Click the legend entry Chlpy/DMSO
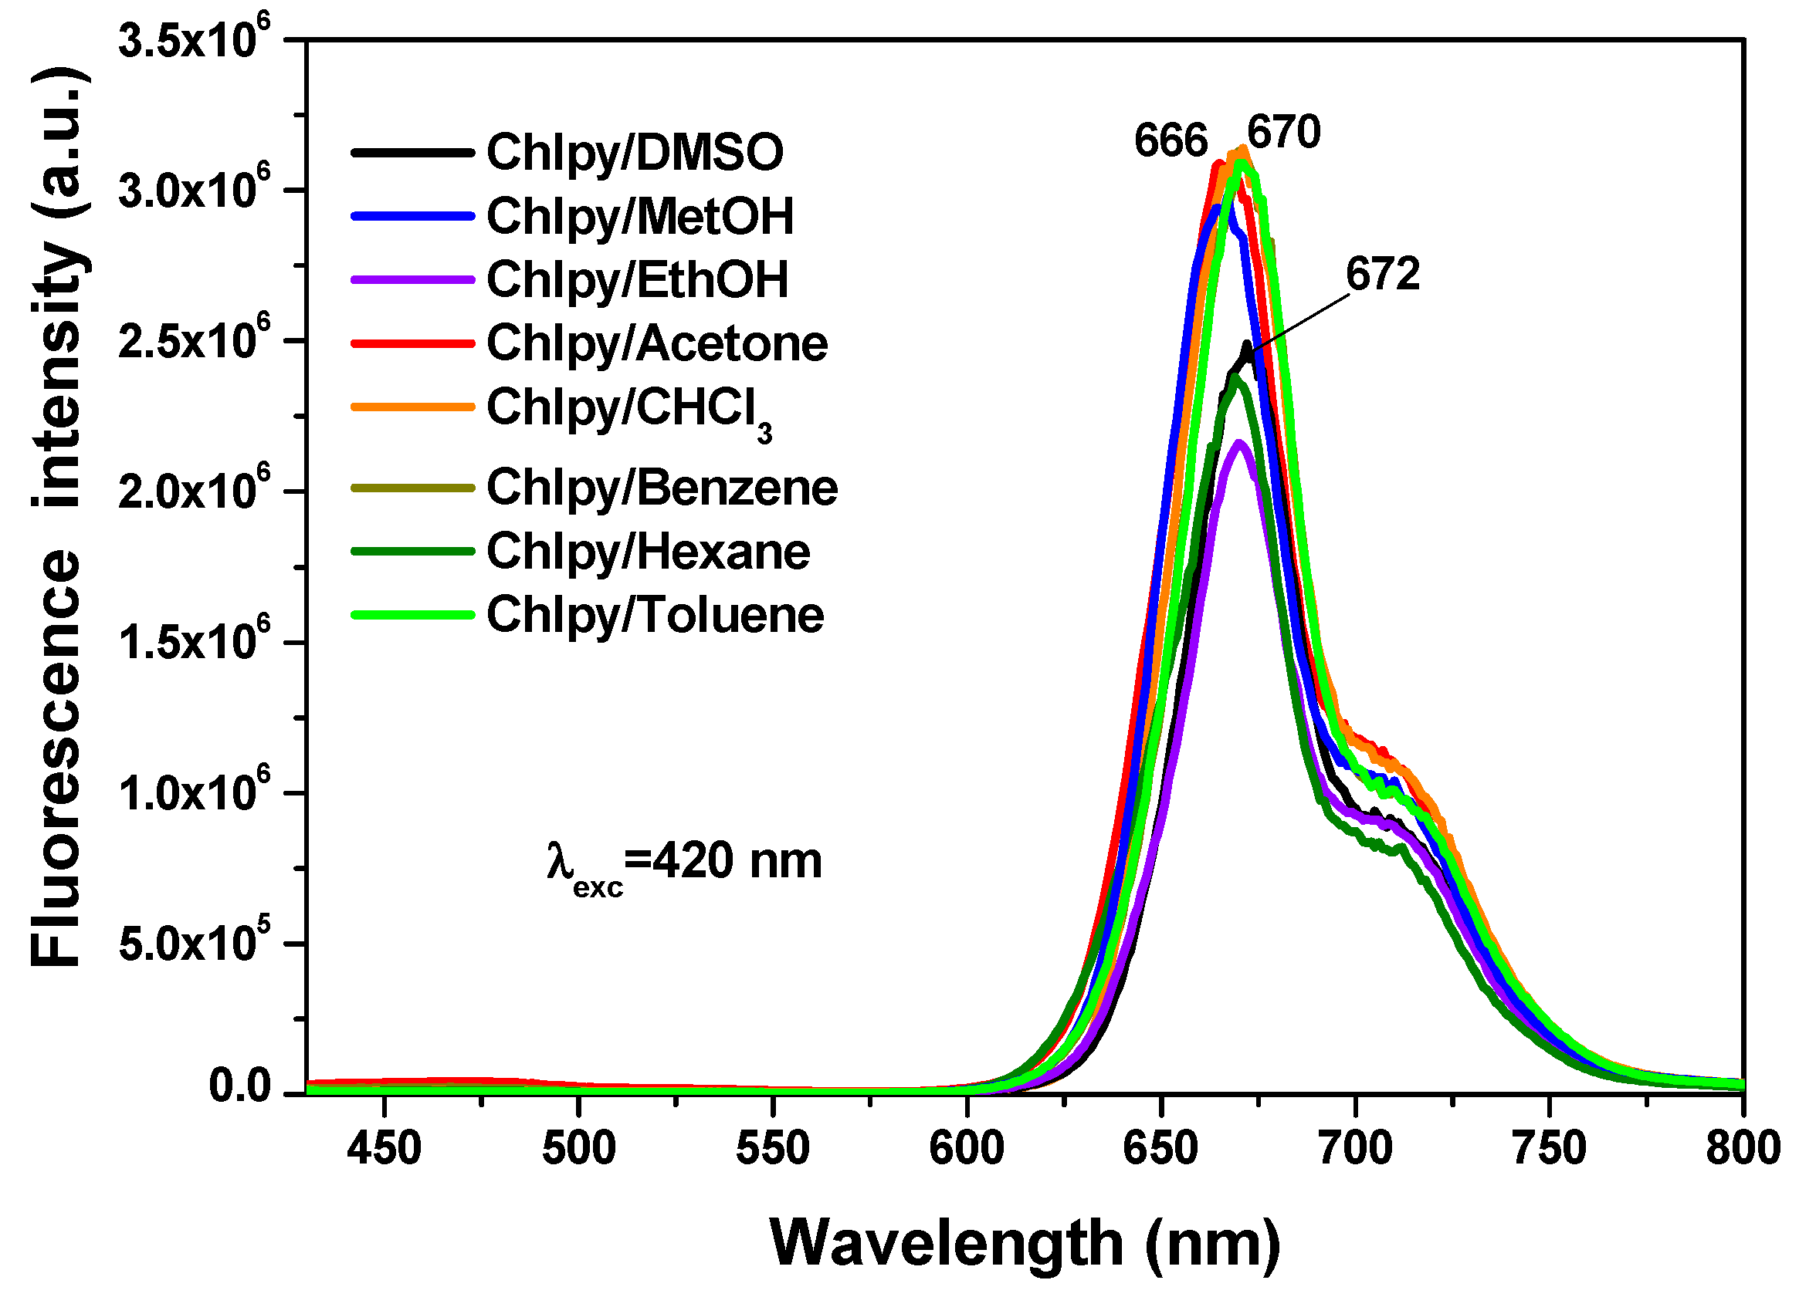pyautogui.click(x=634, y=152)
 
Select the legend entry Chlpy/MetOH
pyautogui.click(x=639, y=217)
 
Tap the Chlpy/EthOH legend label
pyautogui.click(x=637, y=280)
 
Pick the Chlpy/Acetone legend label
pyautogui.click(x=656, y=344)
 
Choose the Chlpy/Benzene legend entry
pyautogui.click(x=661, y=488)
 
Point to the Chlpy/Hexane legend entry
pyautogui.click(x=647, y=552)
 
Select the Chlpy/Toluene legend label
pyautogui.click(x=655, y=615)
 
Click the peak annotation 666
pyautogui.click(x=1170, y=141)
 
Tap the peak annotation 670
pyautogui.click(x=1283, y=132)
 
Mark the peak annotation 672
pyautogui.click(x=1383, y=275)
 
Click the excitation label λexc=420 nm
pyautogui.click(x=684, y=863)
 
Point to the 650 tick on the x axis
pyautogui.click(x=1160, y=1149)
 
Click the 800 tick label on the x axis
pyautogui.click(x=1743, y=1149)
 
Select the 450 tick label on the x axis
pyautogui.click(x=383, y=1149)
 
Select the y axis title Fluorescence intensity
pyautogui.click(x=57, y=515)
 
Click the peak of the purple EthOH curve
pyautogui.click(x=1238, y=444)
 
